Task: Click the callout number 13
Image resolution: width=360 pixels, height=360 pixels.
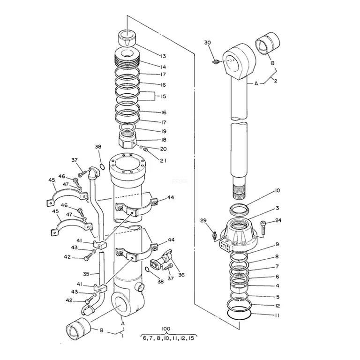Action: pyautogui.click(x=163, y=56)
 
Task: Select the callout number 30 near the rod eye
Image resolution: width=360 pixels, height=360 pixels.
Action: pyautogui.click(x=207, y=43)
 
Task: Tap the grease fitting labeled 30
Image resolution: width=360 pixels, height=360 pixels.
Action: pyautogui.click(x=215, y=61)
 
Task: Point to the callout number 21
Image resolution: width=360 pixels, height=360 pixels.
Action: pyautogui.click(x=163, y=161)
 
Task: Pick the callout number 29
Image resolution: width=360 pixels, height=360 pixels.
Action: pyautogui.click(x=203, y=220)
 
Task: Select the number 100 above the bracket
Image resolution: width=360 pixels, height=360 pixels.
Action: pyautogui.click(x=166, y=329)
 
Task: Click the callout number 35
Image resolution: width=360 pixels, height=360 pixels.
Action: pyautogui.click(x=86, y=274)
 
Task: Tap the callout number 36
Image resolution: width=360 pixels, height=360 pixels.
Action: pyautogui.click(x=181, y=275)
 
